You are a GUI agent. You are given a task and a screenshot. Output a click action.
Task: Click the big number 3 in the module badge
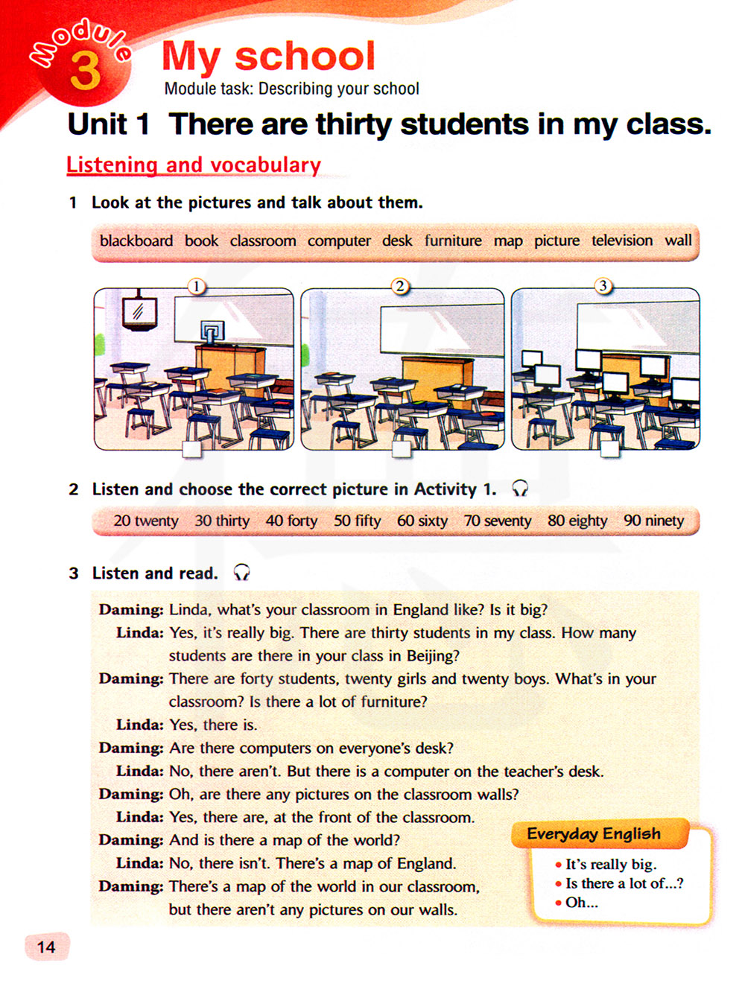(x=84, y=71)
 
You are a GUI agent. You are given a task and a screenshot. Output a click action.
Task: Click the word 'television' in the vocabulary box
(x=622, y=241)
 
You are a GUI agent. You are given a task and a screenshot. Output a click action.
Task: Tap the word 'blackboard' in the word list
(x=136, y=241)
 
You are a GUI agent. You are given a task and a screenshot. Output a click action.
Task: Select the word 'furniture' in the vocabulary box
(x=453, y=241)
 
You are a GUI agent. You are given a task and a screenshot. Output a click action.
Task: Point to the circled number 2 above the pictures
(x=400, y=286)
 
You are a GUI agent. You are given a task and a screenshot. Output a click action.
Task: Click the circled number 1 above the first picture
(x=196, y=286)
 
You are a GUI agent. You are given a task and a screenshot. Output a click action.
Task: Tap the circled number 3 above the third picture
(x=603, y=286)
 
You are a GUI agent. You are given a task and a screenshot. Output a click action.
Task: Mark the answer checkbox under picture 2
(x=402, y=449)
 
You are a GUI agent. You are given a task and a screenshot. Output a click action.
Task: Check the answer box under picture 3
(x=609, y=449)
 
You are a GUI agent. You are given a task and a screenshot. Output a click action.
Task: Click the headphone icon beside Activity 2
(x=520, y=489)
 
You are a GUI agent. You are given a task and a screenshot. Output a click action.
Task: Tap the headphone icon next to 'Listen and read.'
(x=241, y=573)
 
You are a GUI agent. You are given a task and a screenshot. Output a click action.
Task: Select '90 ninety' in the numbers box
(x=653, y=521)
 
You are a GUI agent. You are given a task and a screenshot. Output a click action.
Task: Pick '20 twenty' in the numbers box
(x=146, y=521)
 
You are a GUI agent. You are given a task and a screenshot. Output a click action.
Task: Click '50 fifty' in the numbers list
(x=357, y=521)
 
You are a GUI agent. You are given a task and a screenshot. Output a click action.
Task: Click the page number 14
(x=46, y=947)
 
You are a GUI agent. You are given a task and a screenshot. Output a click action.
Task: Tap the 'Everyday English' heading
(x=594, y=834)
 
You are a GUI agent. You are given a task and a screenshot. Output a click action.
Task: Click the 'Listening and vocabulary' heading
(x=194, y=165)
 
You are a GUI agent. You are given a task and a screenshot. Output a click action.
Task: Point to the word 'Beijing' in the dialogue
(x=432, y=656)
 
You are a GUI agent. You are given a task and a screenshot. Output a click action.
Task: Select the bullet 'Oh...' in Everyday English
(x=581, y=903)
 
